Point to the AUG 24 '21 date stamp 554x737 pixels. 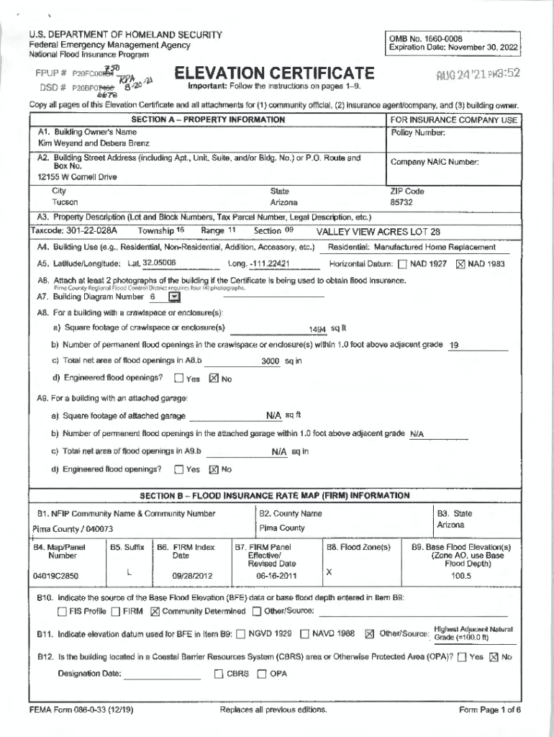(x=472, y=74)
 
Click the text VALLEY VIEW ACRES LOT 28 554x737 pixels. (x=378, y=232)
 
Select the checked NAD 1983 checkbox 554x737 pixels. (x=461, y=264)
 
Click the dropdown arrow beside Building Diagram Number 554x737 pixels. (x=174, y=297)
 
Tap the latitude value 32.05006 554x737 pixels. (x=159, y=263)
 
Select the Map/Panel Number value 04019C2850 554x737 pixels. (x=55, y=576)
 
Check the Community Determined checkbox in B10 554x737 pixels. (x=155, y=612)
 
